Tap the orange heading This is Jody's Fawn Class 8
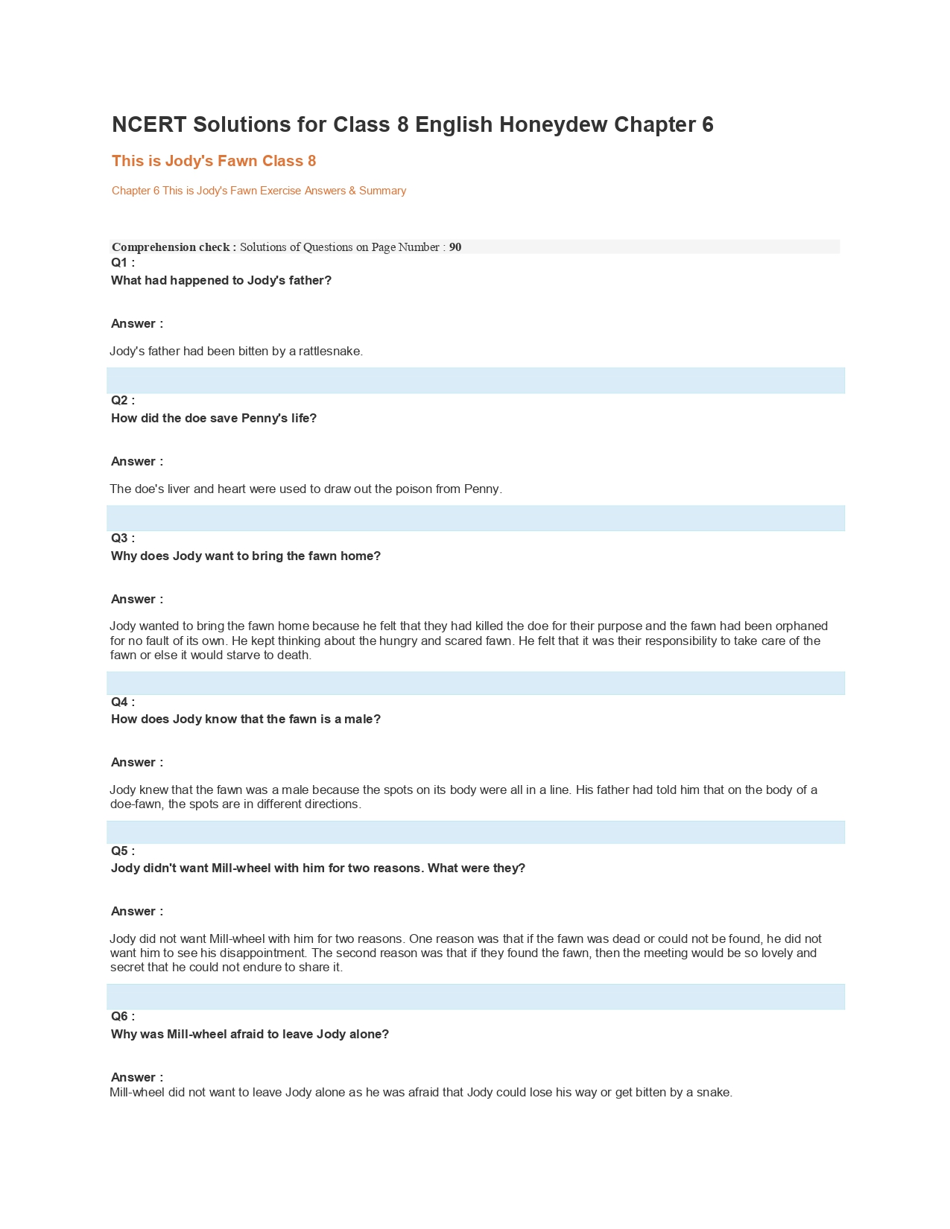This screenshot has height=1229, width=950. [214, 161]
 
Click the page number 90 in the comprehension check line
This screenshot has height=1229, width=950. [455, 247]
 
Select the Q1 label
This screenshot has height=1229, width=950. [123, 262]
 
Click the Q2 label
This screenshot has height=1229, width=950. [123, 400]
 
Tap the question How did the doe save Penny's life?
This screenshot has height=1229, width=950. [214, 418]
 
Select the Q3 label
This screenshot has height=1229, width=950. [123, 538]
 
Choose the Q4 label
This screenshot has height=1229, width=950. [123, 702]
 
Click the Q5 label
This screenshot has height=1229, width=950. [123, 851]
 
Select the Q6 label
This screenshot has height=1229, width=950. [123, 1016]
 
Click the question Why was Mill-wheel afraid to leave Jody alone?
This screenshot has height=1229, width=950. [250, 1034]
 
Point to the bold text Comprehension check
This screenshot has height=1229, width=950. [174, 247]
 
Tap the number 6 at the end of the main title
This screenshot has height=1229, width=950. [707, 124]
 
